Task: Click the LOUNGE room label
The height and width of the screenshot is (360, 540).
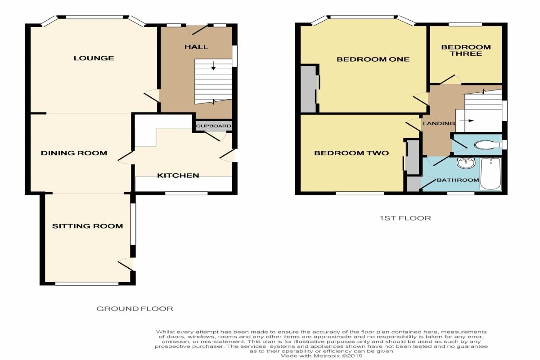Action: tap(94, 58)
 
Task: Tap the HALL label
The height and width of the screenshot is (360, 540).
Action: tap(197, 47)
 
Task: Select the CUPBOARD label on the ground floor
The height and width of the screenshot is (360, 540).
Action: tap(214, 126)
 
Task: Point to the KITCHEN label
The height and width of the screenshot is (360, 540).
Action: tap(178, 175)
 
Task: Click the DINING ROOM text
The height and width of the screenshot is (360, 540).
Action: tap(74, 153)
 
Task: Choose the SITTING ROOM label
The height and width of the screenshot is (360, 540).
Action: tap(87, 226)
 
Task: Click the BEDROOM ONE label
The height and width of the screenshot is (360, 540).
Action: tap(373, 59)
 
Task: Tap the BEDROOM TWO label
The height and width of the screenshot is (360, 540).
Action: tap(351, 153)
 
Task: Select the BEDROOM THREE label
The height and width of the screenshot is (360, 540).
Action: tap(466, 50)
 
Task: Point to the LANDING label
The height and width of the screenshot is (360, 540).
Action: tap(439, 123)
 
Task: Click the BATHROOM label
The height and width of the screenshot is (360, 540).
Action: tap(458, 180)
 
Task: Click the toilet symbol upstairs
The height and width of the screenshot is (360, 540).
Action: tap(487, 145)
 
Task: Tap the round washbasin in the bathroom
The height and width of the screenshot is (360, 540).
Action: tap(466, 163)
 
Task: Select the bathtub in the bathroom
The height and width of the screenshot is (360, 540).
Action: tap(491, 174)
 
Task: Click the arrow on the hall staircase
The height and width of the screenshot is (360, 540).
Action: tap(213, 66)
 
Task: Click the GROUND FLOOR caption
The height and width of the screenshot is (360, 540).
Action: tap(135, 309)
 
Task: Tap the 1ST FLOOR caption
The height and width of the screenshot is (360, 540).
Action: tap(405, 218)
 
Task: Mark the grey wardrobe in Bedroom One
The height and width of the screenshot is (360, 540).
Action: tap(309, 89)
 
